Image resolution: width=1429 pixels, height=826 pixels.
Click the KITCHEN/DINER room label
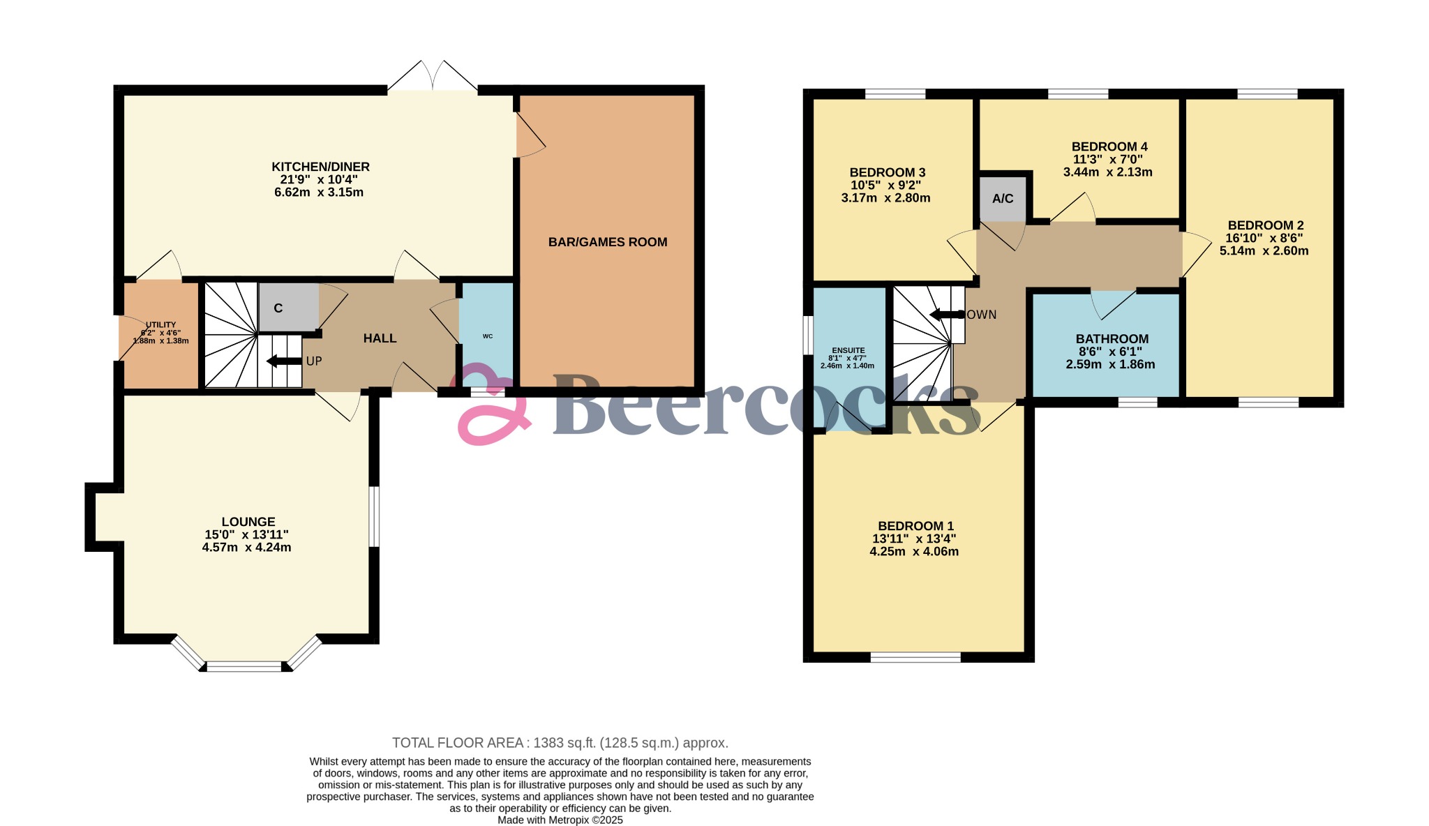pyautogui.click(x=320, y=167)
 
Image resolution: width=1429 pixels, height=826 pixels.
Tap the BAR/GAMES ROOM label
pyautogui.click(x=607, y=242)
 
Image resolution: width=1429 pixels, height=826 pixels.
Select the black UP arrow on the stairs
pyautogui.click(x=282, y=361)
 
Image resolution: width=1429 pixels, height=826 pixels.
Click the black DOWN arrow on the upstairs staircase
pyautogui.click(x=946, y=315)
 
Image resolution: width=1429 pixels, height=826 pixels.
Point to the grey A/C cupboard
pyautogui.click(x=1003, y=199)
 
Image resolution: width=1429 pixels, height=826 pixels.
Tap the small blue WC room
pyautogui.click(x=487, y=336)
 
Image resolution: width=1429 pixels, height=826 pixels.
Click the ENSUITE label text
pyautogui.click(x=848, y=351)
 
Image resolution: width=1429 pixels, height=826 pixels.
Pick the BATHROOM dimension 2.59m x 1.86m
pyautogui.click(x=1110, y=364)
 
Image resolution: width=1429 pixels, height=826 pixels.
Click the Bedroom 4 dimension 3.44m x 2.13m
pyautogui.click(x=1107, y=172)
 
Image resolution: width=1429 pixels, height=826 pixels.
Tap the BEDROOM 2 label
pyautogui.click(x=1265, y=225)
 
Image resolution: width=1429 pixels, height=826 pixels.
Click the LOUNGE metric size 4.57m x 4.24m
pyautogui.click(x=246, y=548)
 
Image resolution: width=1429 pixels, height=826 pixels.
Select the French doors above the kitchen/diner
pyautogui.click(x=433, y=77)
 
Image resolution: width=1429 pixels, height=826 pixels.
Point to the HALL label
pyautogui.click(x=380, y=338)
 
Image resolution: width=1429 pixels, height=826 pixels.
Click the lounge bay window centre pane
pyautogui.click(x=244, y=666)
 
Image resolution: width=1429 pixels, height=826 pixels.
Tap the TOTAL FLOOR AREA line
pyautogui.click(x=560, y=743)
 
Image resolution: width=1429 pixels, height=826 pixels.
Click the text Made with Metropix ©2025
pyautogui.click(x=560, y=820)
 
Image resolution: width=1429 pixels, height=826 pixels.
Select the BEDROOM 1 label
pyautogui.click(x=915, y=526)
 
